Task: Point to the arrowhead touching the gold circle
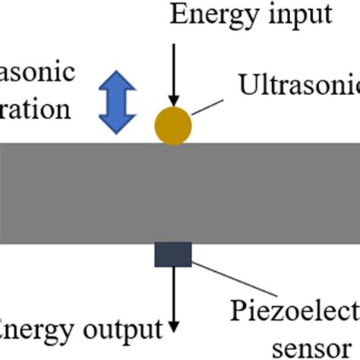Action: click(x=174, y=100)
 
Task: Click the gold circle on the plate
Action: click(x=174, y=125)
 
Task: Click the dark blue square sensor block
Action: click(x=174, y=255)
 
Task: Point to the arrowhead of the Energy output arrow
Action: click(x=174, y=327)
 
